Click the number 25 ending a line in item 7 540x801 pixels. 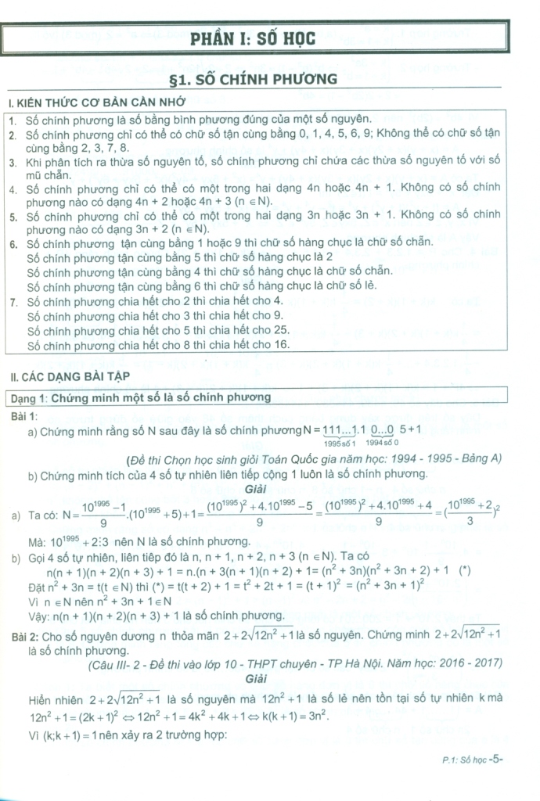(280, 329)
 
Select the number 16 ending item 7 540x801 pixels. (280, 343)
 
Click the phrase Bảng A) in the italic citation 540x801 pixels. (478, 458)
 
